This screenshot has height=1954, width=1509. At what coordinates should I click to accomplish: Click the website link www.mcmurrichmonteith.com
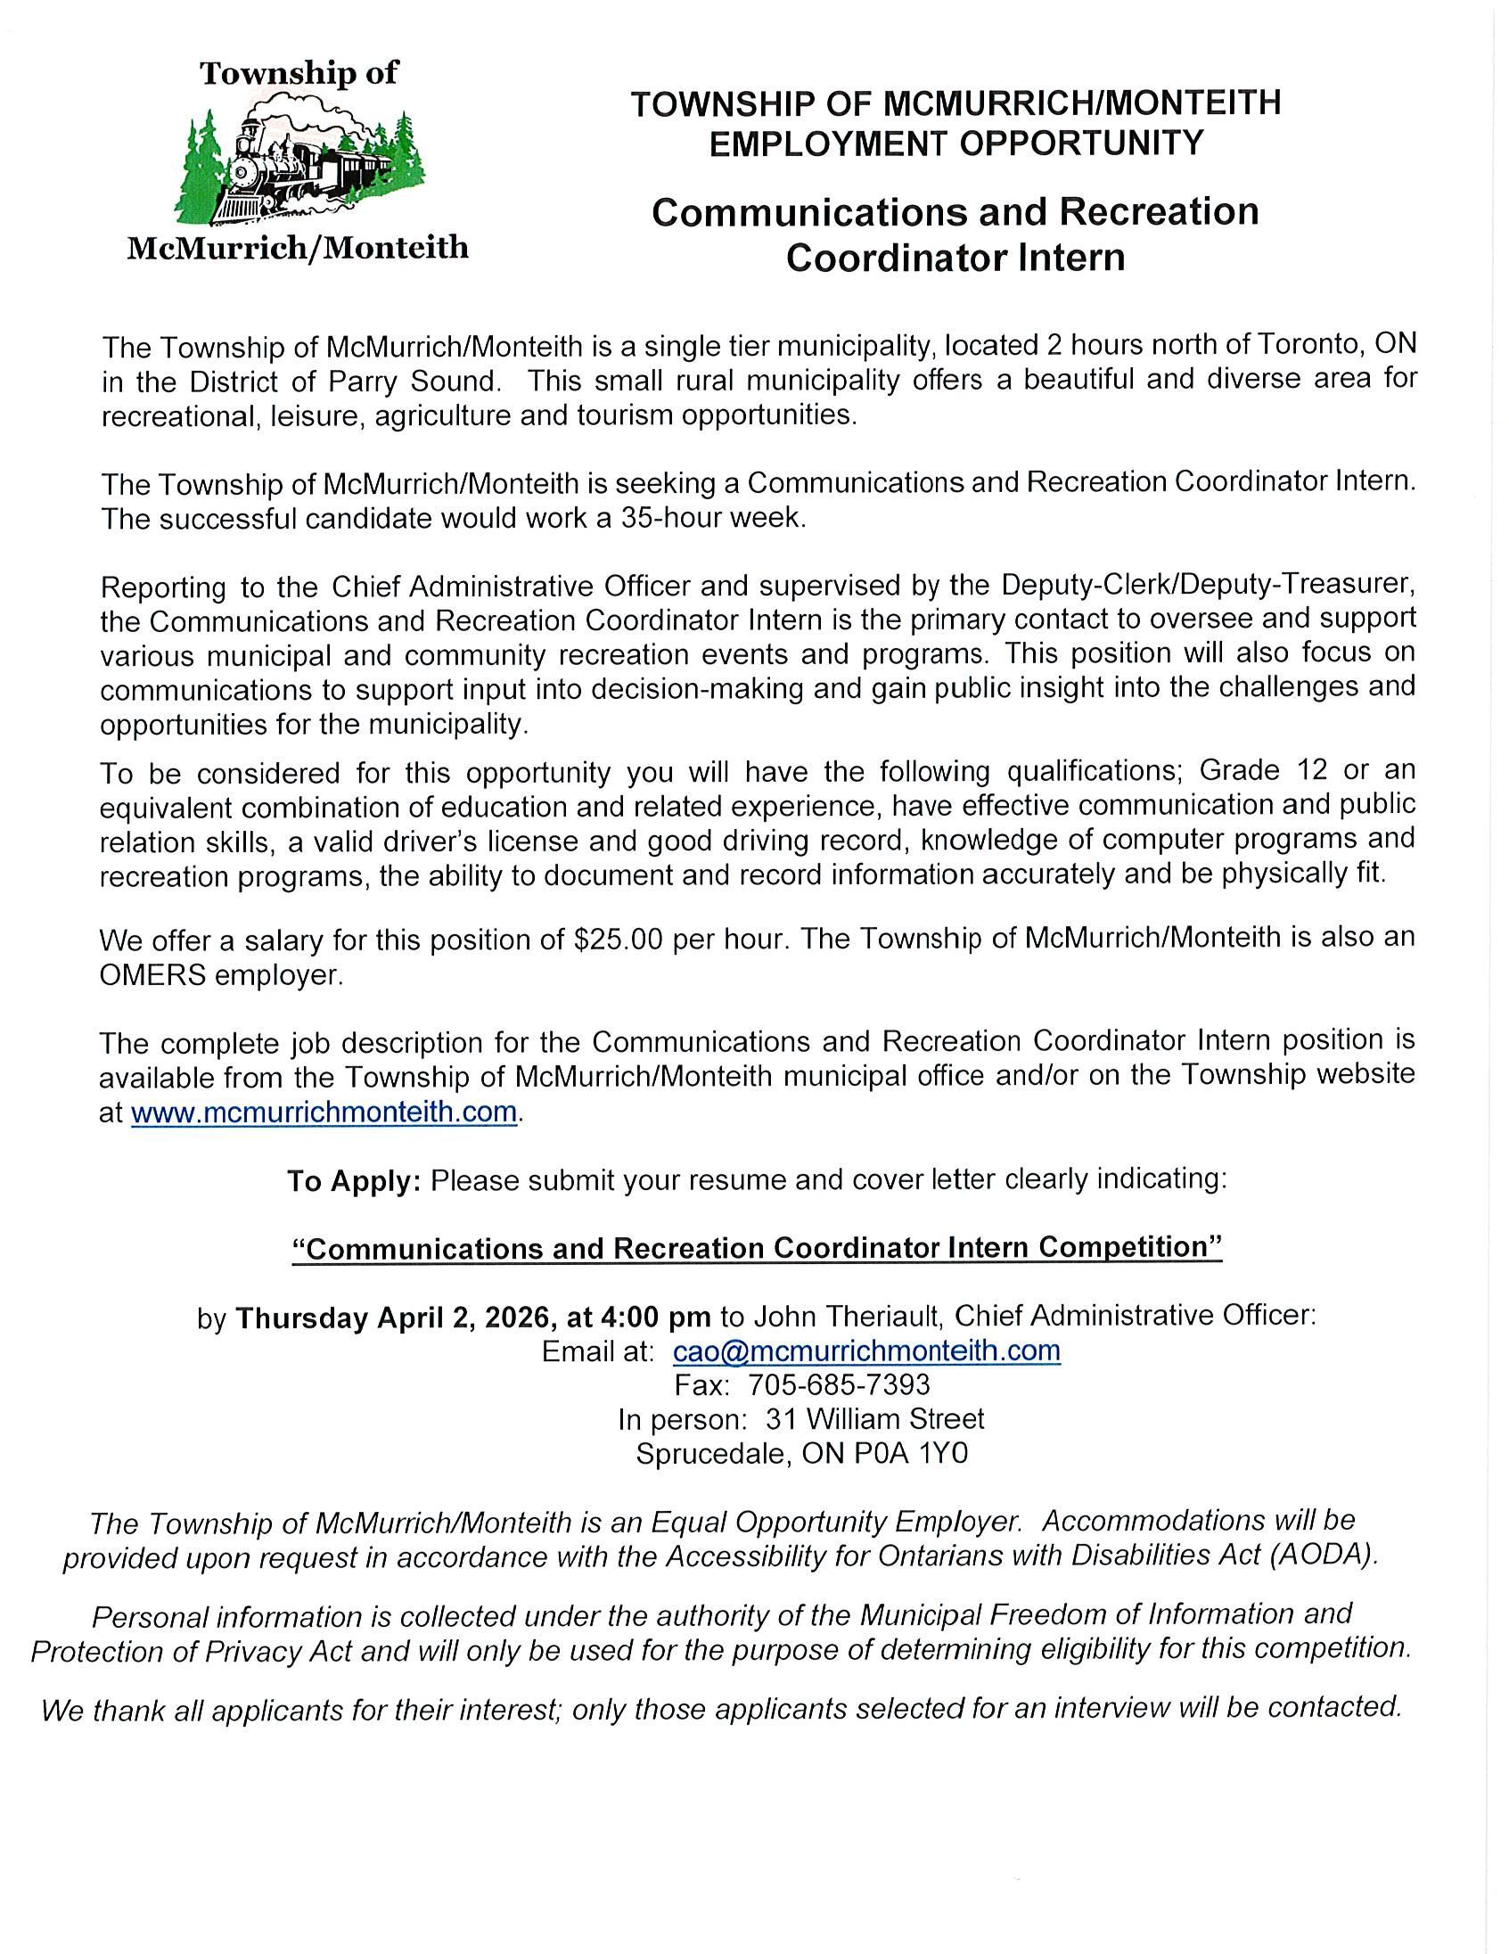[324, 1112]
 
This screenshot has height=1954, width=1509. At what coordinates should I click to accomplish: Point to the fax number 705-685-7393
[838, 1385]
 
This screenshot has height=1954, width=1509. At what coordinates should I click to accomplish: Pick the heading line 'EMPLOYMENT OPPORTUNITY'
[956, 144]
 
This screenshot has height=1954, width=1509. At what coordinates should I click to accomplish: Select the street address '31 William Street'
[873, 1419]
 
